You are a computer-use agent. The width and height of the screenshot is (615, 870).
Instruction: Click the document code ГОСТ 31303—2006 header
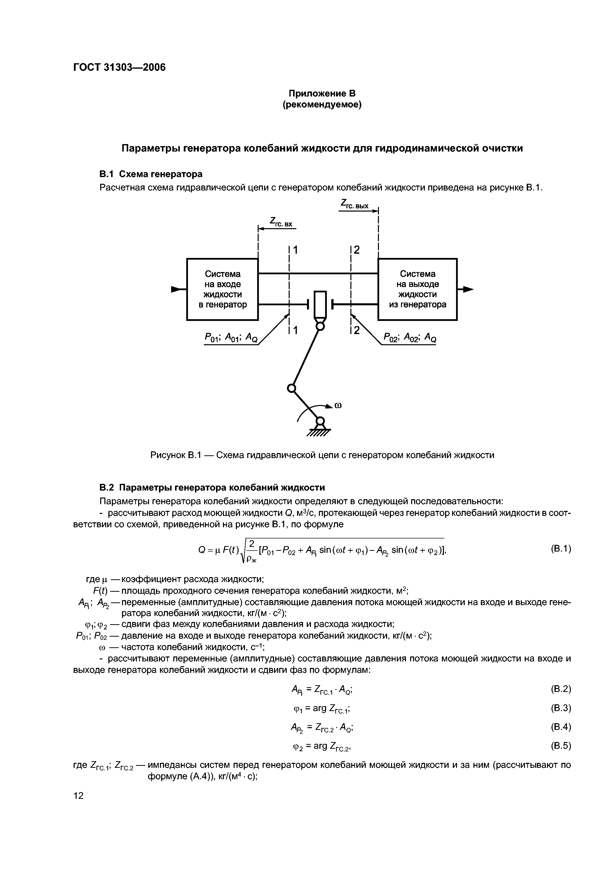point(119,67)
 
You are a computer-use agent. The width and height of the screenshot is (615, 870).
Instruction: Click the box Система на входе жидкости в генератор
point(222,289)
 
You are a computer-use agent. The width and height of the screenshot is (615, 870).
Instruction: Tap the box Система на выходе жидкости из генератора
point(418,289)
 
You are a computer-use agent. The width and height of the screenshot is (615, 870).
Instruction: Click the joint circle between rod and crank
point(291,388)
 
